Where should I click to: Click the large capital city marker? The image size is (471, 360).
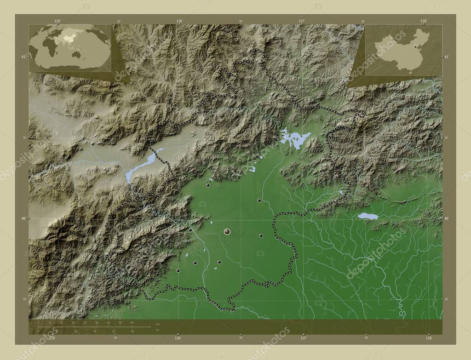(x=227, y=232)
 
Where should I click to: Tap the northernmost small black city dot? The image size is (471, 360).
(x=208, y=186)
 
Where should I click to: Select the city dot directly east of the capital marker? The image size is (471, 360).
(x=261, y=235)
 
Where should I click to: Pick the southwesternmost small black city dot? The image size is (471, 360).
(x=178, y=270)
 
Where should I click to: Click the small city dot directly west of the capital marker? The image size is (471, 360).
(x=190, y=230)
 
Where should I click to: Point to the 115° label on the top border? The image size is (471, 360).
(x=57, y=21)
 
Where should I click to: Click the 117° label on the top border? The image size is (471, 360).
(x=302, y=21)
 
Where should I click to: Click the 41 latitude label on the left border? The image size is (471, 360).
(x=23, y=57)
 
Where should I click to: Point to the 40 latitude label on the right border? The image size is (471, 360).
(x=447, y=218)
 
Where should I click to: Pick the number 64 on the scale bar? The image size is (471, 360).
(x=132, y=323)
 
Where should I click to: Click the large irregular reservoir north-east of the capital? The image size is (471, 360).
(x=295, y=138)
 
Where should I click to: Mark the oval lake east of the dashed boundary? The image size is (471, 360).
(x=368, y=216)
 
